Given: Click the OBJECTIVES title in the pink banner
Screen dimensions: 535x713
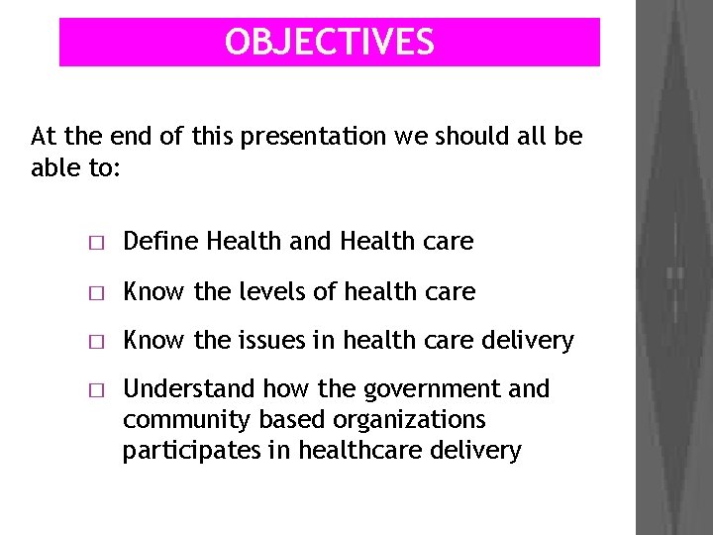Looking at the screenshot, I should [x=329, y=42].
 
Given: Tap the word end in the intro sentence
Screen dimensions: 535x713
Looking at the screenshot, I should [x=128, y=136].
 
